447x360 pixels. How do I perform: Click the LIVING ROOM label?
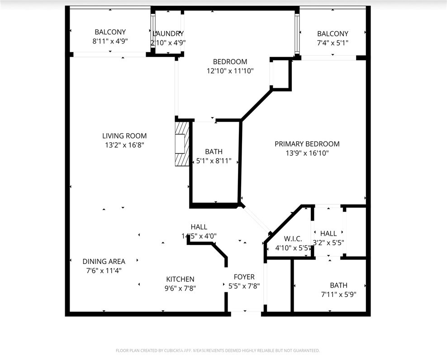click(x=124, y=136)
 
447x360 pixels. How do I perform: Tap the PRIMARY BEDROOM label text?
click(x=307, y=144)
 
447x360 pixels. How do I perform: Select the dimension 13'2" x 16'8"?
click(x=124, y=145)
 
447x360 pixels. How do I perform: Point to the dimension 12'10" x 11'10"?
click(x=230, y=71)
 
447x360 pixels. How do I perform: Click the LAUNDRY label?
click(x=168, y=34)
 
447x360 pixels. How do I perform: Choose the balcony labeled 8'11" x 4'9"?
click(x=110, y=37)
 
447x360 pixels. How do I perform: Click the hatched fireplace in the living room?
click(x=182, y=143)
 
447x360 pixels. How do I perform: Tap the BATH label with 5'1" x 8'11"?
click(x=214, y=152)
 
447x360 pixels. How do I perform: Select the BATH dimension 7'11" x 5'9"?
click(x=338, y=294)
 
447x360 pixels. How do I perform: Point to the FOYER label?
click(x=244, y=277)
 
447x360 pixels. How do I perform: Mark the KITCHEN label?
click(x=180, y=279)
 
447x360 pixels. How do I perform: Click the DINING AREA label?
click(x=104, y=261)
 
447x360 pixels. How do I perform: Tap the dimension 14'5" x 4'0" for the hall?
click(x=199, y=236)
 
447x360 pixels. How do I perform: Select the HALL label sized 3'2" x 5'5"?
click(x=328, y=233)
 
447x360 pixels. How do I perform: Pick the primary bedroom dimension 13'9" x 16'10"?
click(x=307, y=154)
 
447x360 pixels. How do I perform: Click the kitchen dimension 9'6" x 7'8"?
click(x=180, y=288)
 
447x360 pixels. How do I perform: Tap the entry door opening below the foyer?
click(x=245, y=312)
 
